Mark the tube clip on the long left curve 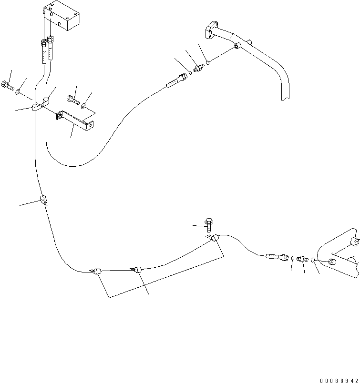pyautogui.click(x=44, y=200)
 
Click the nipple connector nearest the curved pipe pyautogui.click(x=199, y=67)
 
